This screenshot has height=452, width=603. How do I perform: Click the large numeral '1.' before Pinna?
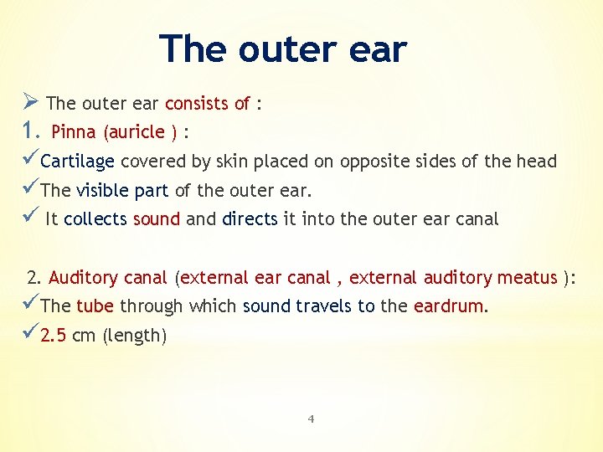[x=31, y=131]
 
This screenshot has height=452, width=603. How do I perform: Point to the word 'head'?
[x=537, y=162]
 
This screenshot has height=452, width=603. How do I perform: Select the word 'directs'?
[x=250, y=219]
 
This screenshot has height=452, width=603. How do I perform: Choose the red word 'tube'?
[x=95, y=306]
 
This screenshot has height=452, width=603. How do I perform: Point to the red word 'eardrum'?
[x=448, y=306]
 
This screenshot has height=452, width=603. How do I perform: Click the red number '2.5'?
[x=53, y=336]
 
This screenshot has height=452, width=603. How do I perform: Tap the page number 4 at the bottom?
[x=310, y=419]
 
